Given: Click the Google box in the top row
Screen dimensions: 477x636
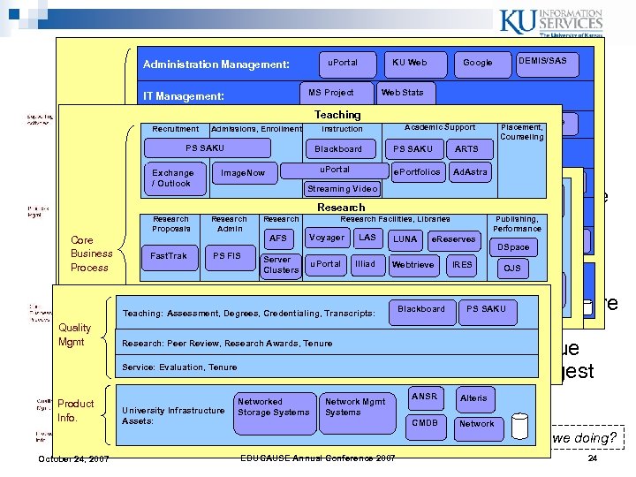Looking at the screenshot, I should click(478, 63).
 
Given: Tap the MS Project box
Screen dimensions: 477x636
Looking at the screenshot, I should click(331, 93).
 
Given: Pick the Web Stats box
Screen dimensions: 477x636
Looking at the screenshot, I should click(402, 93).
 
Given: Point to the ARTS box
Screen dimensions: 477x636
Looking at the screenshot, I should click(466, 149).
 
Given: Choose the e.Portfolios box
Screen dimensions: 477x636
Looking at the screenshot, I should click(416, 172).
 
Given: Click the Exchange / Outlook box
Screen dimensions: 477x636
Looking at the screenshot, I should click(172, 178).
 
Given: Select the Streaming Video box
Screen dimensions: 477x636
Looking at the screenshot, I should click(342, 189).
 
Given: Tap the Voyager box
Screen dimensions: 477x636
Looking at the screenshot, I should click(327, 238).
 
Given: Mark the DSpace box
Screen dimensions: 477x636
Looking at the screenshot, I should click(513, 248).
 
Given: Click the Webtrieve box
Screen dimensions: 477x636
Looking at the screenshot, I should click(413, 264).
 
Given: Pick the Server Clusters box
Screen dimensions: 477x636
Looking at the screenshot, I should click(281, 264).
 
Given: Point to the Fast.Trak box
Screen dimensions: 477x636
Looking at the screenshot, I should click(170, 256).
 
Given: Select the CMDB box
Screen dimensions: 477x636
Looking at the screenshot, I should click(425, 423).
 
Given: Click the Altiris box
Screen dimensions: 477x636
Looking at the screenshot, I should click(473, 398).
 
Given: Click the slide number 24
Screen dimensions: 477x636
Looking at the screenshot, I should click(592, 460).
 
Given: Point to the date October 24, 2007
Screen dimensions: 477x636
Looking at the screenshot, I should click(73, 459).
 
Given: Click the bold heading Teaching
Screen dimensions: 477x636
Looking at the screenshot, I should click(337, 115).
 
